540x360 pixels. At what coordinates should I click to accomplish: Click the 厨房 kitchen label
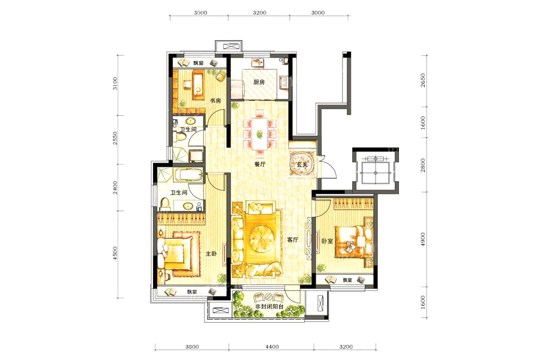[x=259, y=82]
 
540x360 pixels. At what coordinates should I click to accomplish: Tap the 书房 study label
[x=215, y=101]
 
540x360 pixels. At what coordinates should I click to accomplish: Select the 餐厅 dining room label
[x=260, y=164]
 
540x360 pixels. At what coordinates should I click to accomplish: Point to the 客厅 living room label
[x=293, y=240]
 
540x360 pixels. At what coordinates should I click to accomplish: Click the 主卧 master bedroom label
[x=211, y=254]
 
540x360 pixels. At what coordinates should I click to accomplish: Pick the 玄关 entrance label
[x=302, y=165]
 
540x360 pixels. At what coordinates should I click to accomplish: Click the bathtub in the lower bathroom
[x=188, y=175]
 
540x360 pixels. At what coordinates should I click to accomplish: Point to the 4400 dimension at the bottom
[x=272, y=347]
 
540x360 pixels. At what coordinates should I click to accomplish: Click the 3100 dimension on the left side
[x=115, y=84]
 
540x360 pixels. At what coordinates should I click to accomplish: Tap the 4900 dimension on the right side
[x=423, y=239]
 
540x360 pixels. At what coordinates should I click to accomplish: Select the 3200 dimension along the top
[x=259, y=13]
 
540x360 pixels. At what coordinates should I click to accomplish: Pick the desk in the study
[x=197, y=85]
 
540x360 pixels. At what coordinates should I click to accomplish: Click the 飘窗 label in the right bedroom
[x=347, y=280]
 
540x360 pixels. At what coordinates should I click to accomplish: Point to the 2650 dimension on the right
[x=423, y=80]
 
